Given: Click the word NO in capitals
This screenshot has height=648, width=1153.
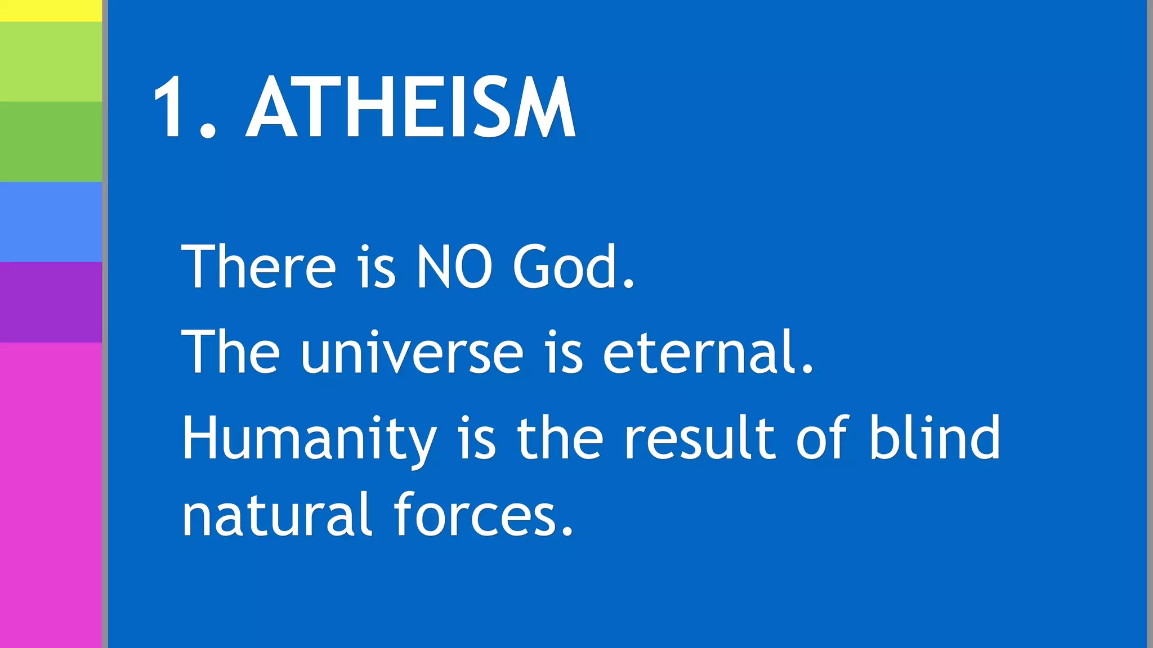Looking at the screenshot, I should tap(454, 267).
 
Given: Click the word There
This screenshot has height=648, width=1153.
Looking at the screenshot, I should tap(259, 267).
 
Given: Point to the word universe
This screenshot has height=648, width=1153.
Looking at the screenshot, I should tap(412, 353).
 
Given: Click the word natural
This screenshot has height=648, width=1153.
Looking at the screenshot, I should tap(276, 515).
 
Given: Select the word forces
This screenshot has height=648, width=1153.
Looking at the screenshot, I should tap(483, 515).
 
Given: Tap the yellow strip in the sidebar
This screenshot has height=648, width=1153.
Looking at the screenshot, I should tap(51, 10).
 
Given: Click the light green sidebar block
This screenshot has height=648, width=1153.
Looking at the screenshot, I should tap(51, 62).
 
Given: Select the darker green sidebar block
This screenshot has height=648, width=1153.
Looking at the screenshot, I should tap(51, 141).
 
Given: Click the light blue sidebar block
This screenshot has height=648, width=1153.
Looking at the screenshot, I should tap(51, 222).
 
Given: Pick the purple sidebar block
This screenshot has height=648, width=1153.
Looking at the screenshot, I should tap(51, 302).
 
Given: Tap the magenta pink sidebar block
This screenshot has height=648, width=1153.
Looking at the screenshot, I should tap(51, 495).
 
